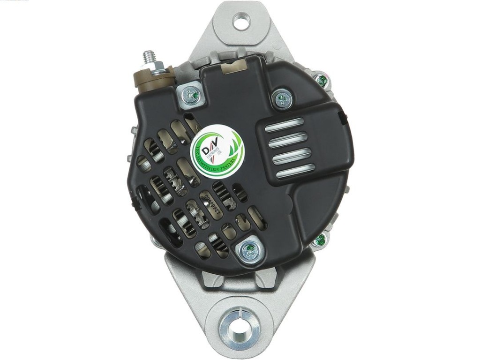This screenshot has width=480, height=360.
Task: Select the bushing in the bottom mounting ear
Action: [240, 325]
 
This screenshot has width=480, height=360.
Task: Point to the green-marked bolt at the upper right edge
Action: [321, 81]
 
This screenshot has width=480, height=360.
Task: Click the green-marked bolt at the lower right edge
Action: [320, 240]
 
